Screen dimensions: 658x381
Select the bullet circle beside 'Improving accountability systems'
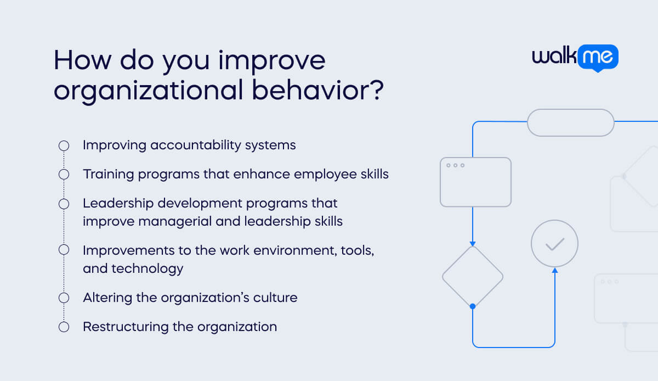[x=64, y=145]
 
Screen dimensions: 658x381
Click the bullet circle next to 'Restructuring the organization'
[x=64, y=327]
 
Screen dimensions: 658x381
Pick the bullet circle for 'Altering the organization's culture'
[x=64, y=298]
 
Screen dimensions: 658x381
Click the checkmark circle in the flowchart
[x=554, y=244]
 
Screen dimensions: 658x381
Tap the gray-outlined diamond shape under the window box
[x=472, y=276]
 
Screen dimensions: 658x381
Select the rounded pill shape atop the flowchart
[x=570, y=122]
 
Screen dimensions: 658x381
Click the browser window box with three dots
[x=475, y=182]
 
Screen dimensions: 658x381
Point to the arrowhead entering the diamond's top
[x=472, y=243]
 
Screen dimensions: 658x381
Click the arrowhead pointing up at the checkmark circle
[x=554, y=271]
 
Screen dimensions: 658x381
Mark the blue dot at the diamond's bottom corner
[x=472, y=306]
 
